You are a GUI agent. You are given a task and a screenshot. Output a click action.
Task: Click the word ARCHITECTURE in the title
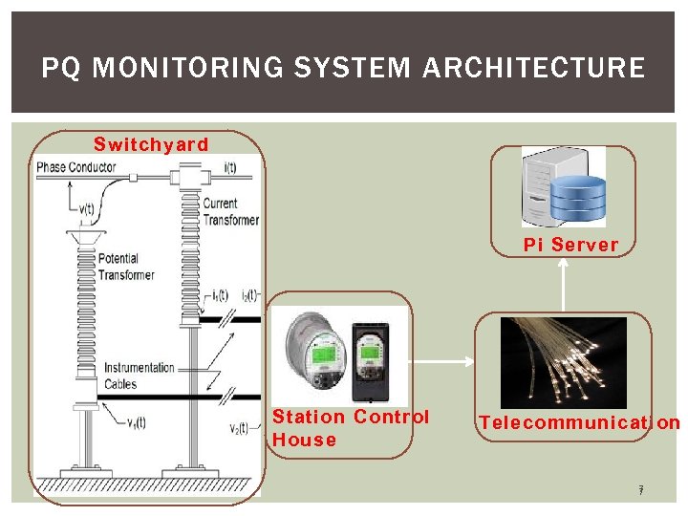[x=533, y=69]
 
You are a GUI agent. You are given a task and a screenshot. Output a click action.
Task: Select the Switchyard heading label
[x=150, y=144]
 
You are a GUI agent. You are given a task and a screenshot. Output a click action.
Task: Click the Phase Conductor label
[x=76, y=167]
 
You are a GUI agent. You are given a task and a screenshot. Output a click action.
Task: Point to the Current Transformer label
[x=230, y=211]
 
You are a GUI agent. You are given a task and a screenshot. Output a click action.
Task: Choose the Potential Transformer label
[x=126, y=267]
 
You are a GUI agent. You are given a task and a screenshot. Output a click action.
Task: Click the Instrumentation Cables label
[x=140, y=376]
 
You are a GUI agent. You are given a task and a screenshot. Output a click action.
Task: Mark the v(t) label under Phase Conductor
[x=87, y=210]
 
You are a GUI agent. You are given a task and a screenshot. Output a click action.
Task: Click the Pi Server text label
[x=571, y=245]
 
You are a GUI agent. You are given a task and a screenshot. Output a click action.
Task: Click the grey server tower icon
[x=543, y=184]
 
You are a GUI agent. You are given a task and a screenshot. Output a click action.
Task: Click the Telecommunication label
[x=579, y=422]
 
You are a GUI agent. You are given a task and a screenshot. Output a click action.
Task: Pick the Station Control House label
[x=349, y=428]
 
